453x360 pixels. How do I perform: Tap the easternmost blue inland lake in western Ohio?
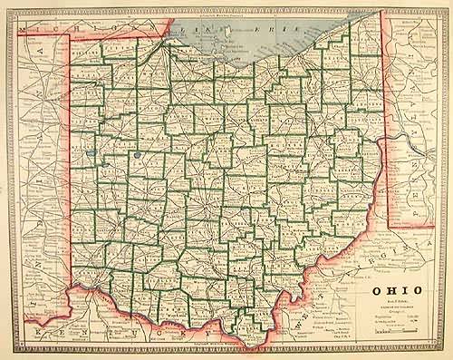coord(135,155)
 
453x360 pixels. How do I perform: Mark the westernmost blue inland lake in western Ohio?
coord(92,151)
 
